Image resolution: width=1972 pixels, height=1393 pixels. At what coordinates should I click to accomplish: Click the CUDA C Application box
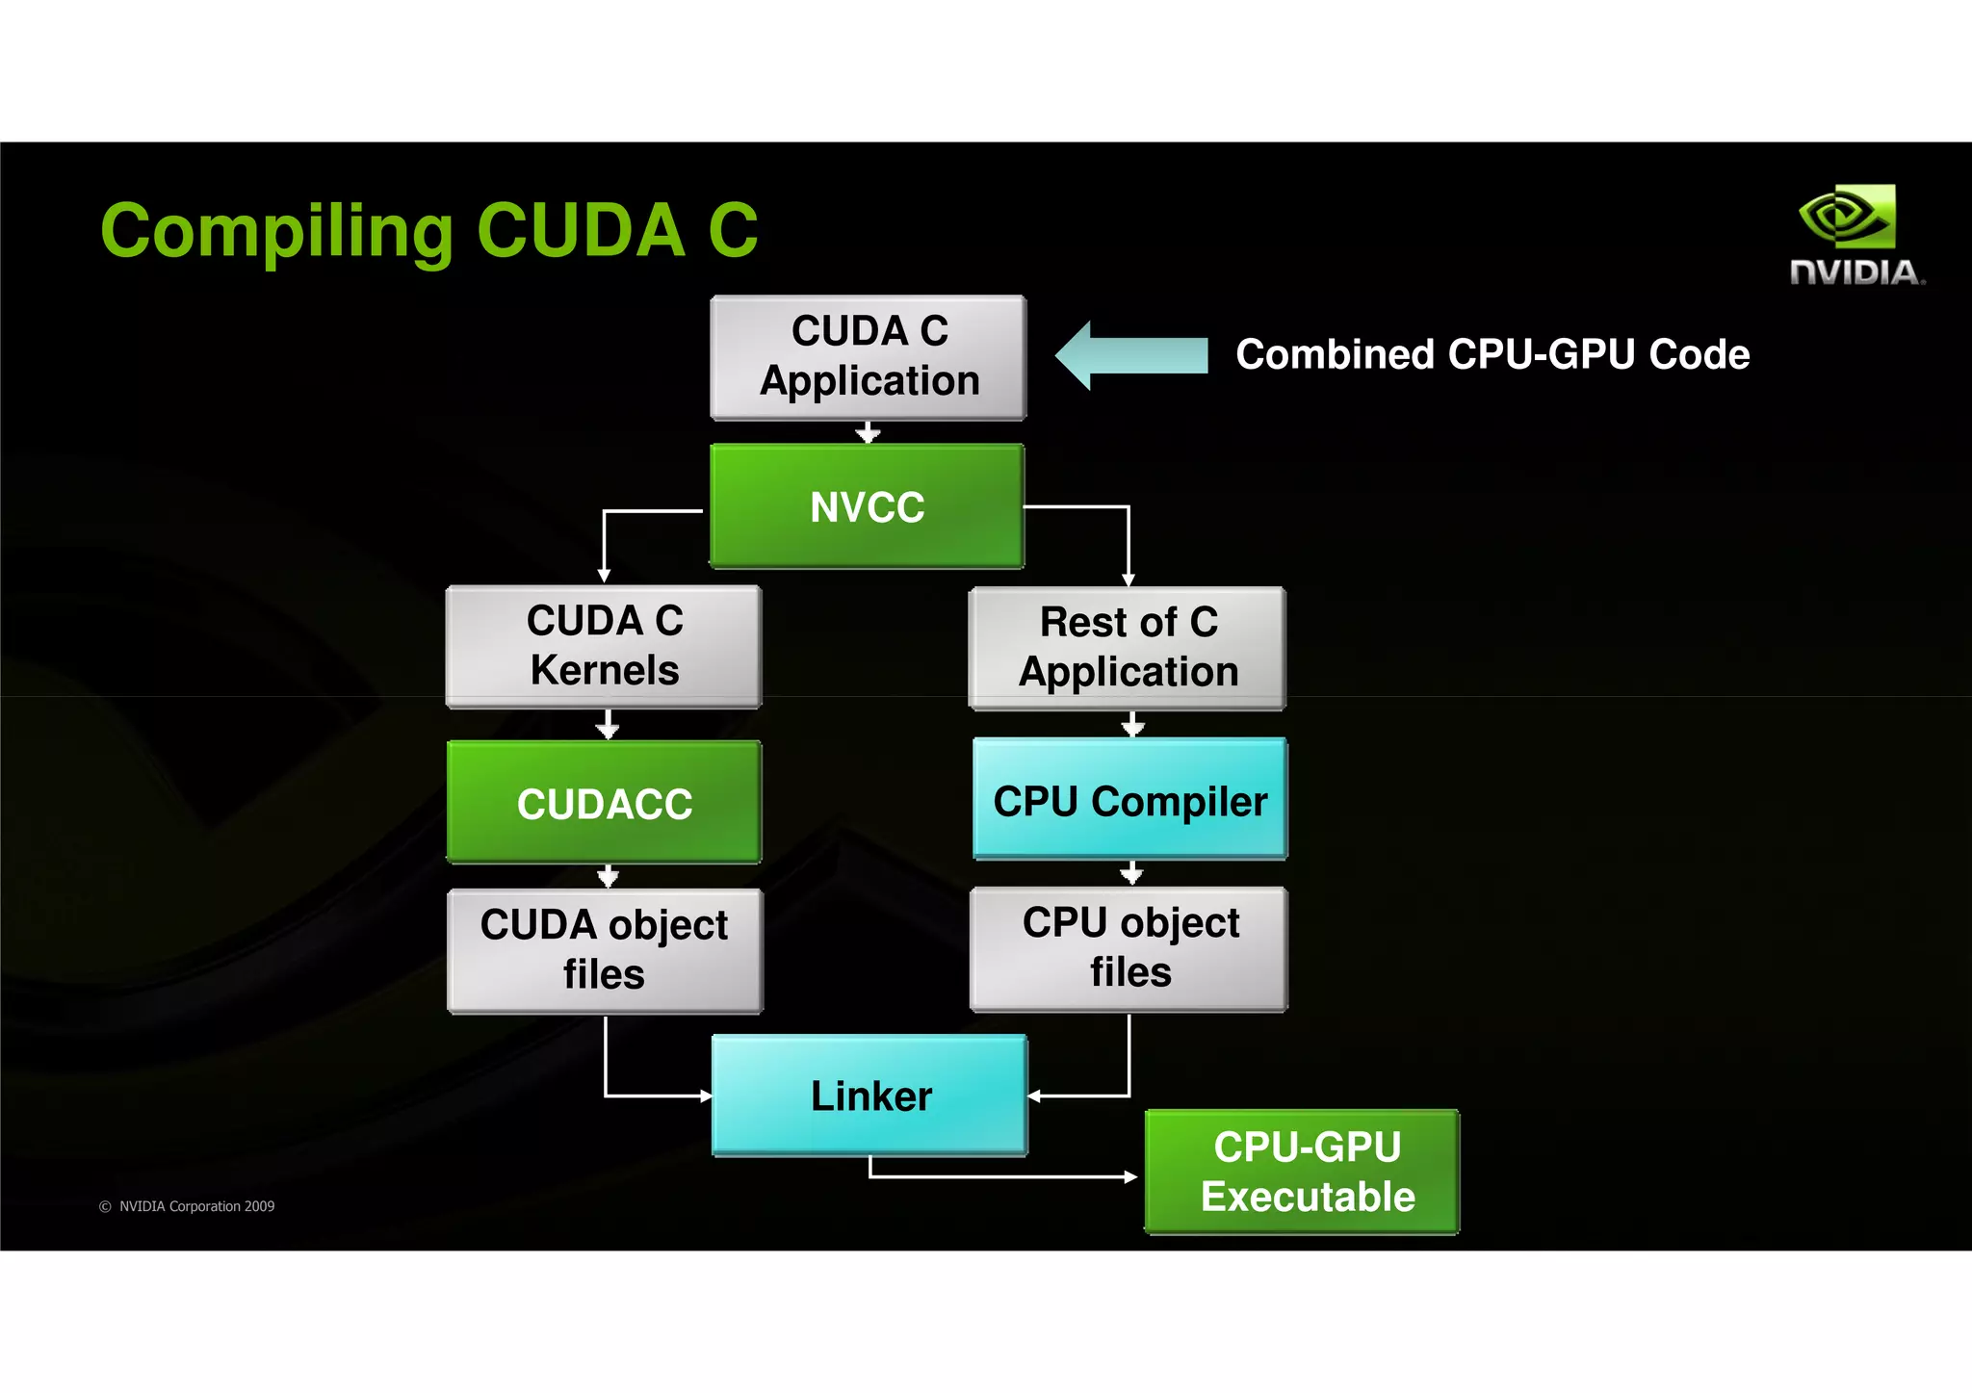point(869,357)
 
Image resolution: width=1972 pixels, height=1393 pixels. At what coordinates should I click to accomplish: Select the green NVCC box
point(867,506)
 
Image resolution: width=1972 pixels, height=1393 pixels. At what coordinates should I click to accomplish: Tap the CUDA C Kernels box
point(604,646)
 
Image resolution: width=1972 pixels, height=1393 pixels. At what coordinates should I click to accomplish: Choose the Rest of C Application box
point(1128,648)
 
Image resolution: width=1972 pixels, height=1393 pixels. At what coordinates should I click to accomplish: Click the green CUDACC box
point(604,802)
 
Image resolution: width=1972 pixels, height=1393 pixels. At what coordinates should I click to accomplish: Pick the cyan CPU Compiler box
point(1129,799)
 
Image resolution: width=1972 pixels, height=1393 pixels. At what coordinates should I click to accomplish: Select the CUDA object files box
point(604,950)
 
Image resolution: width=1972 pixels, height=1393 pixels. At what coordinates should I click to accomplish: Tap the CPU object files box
point(1129,948)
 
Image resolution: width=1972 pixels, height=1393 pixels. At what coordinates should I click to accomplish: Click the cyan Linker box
point(869,1096)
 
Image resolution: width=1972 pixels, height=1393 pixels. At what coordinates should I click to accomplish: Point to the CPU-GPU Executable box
point(1303,1172)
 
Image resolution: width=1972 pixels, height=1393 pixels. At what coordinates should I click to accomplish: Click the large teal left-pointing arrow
point(1130,355)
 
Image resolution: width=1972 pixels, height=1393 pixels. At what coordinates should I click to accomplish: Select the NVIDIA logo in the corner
point(1855,236)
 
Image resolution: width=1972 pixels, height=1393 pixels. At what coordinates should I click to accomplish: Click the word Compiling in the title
point(276,232)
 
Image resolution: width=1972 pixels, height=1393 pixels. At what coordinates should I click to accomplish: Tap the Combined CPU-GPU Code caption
point(1492,354)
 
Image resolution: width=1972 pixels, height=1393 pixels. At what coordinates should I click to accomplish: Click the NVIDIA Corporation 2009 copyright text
point(188,1206)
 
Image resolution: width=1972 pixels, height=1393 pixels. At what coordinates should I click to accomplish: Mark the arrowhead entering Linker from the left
point(706,1096)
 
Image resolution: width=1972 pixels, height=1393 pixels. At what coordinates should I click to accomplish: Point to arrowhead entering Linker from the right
point(1034,1096)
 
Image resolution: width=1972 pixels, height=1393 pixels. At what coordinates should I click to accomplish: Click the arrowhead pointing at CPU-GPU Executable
point(1131,1176)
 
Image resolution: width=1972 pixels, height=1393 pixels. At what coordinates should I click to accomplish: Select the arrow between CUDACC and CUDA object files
point(608,876)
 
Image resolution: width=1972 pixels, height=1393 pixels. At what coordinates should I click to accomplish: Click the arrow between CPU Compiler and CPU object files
point(1132,873)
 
